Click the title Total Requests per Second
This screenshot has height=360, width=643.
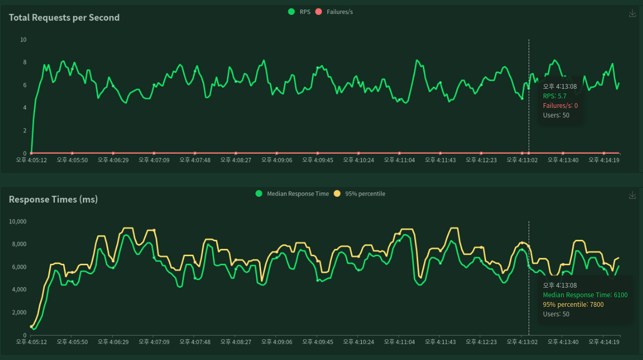[x=64, y=18]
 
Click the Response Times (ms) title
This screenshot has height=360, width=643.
[x=53, y=199]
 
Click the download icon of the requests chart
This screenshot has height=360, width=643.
[x=632, y=13]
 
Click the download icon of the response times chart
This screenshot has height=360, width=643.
[x=632, y=195]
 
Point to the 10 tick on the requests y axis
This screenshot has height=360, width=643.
[x=23, y=40]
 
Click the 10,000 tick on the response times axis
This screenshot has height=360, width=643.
[x=18, y=222]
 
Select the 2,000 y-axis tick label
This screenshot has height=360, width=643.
[x=20, y=313]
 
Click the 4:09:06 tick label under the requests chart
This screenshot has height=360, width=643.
[x=277, y=160]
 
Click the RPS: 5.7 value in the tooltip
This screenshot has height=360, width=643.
[x=555, y=96]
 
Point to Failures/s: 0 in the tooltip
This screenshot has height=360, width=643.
[x=560, y=106]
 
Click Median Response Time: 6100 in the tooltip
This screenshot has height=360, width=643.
[x=585, y=295]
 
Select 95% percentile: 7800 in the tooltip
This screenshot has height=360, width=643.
[x=573, y=305]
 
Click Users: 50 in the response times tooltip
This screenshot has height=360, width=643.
[x=556, y=314]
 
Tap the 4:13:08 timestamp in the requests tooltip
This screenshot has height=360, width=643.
[x=560, y=87]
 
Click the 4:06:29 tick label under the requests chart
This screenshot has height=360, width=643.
[x=113, y=160]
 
